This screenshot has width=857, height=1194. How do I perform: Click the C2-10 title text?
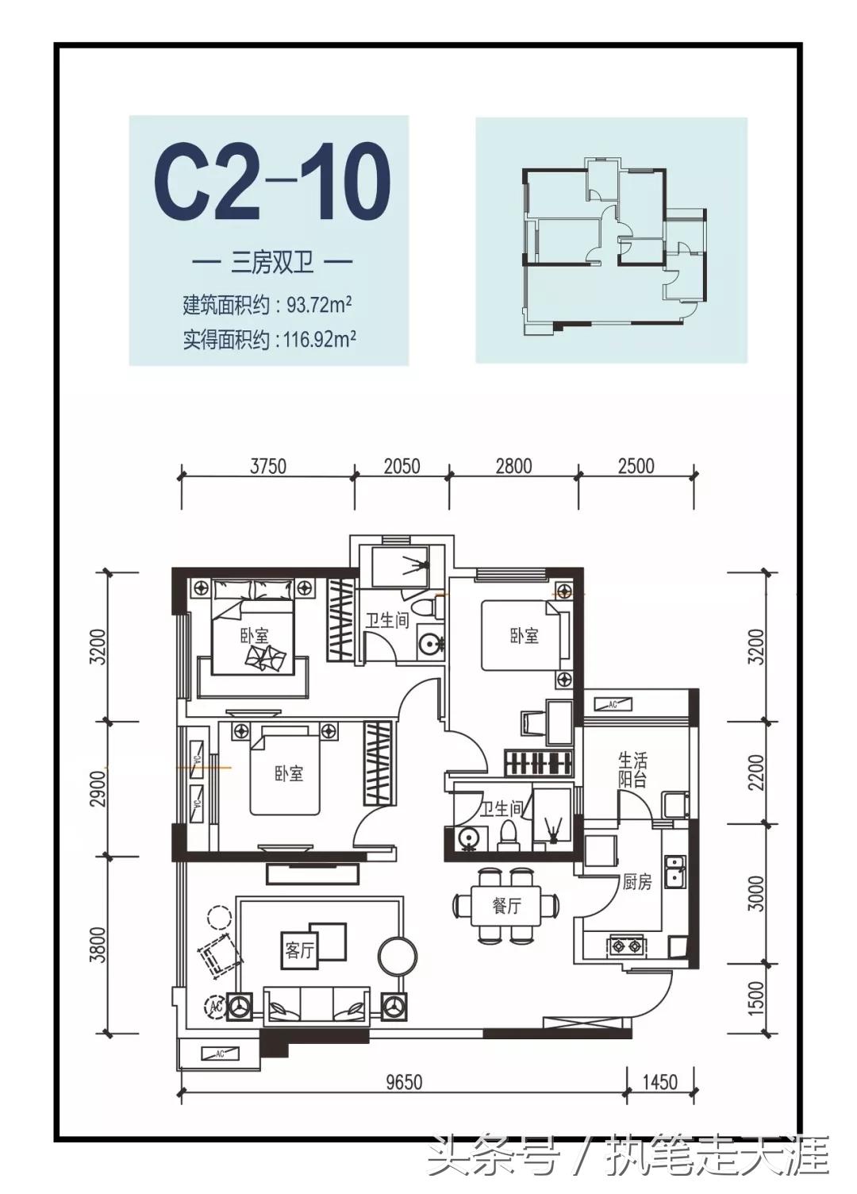coord(271,183)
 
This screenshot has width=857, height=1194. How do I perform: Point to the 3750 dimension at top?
coord(268,466)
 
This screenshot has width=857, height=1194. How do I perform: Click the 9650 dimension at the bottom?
coord(404,1082)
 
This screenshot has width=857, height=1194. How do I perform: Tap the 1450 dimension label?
coord(659,1082)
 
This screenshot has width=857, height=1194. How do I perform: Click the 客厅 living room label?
coord(299,950)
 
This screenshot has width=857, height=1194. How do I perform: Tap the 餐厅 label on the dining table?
coord(506,905)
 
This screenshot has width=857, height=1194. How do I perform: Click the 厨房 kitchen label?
coord(636,882)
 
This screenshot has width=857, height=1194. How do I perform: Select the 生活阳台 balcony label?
coord(632,769)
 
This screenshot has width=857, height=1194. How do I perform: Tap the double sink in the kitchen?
coord(675,872)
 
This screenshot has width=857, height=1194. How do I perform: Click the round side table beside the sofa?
coord(397,955)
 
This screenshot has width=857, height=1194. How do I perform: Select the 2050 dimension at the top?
coord(402,466)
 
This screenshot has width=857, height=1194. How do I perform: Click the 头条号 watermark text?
coord(492,1157)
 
